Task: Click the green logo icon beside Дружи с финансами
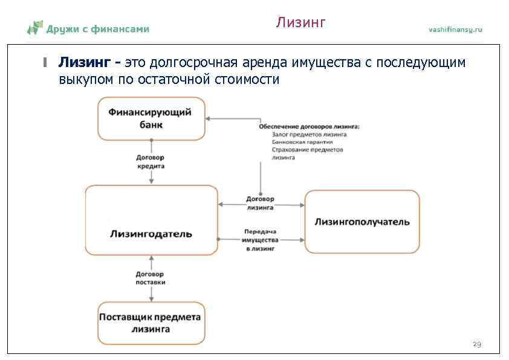[35, 27]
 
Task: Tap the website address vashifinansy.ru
[455, 30]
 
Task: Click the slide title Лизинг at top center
[301, 23]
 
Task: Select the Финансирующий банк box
[151, 118]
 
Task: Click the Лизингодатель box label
[151, 233]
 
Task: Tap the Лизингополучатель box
[361, 222]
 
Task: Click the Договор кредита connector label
[151, 161]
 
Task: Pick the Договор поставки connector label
[151, 278]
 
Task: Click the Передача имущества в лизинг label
[261, 240]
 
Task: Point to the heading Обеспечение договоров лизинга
[309, 126]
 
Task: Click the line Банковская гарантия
[300, 142]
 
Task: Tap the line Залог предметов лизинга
[309, 134]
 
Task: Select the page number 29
[476, 344]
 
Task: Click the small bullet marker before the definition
[44, 62]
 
